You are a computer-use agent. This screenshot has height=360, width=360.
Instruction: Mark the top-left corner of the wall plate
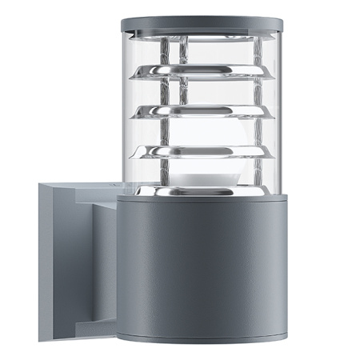(x=38, y=183)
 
